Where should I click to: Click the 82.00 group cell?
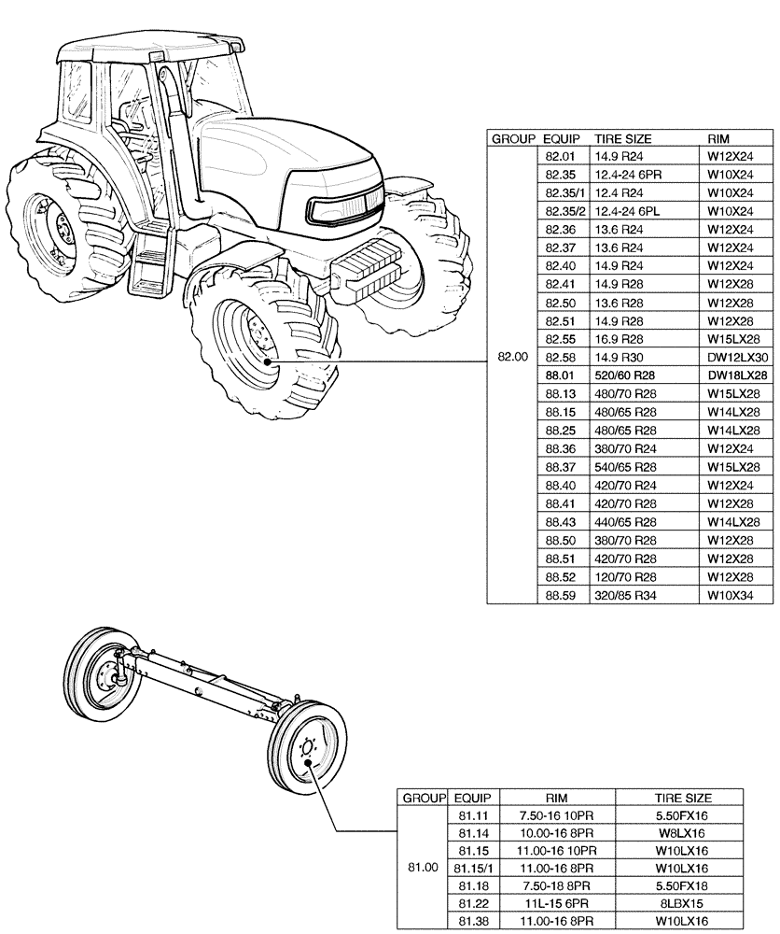point(512,357)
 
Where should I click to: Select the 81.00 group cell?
point(423,868)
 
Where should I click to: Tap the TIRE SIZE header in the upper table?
point(623,138)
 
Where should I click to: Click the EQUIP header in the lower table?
point(472,799)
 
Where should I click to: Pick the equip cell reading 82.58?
point(563,357)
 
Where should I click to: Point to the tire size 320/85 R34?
point(623,595)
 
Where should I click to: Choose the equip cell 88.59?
point(563,595)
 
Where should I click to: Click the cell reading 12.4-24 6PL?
point(627,211)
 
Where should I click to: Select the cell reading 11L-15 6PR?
point(558,903)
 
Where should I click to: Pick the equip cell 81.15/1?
point(472,868)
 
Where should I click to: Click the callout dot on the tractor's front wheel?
point(267,361)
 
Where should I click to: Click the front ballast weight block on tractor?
point(368,269)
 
